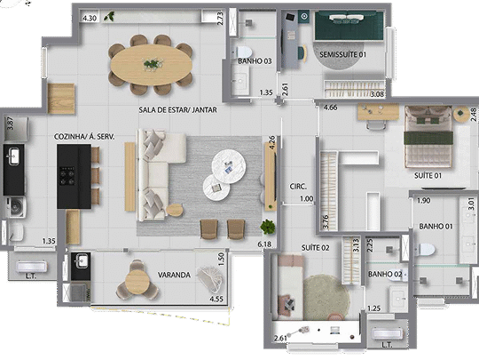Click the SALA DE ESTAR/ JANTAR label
point(177,110)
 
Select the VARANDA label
point(175,275)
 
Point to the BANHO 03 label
point(255,60)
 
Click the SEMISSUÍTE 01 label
point(342,55)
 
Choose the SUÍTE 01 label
point(429,176)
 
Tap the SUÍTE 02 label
point(315,246)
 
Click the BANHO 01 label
point(436,226)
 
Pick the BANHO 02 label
point(384,274)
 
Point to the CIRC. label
point(298,186)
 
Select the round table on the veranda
point(137,282)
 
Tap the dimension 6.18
point(263,243)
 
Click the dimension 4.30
point(90,18)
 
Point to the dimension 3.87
point(11,125)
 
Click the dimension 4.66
point(330,108)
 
